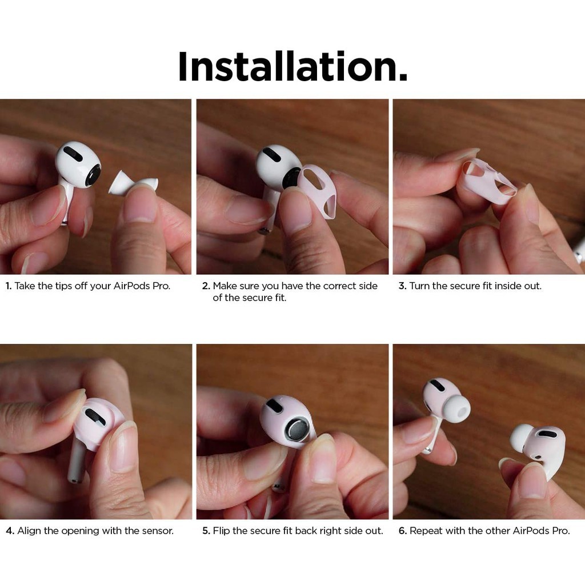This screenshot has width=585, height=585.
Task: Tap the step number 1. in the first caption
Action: pos(9,286)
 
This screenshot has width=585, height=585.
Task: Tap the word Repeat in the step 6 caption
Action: pos(424,531)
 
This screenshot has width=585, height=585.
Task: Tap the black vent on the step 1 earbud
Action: pos(73,154)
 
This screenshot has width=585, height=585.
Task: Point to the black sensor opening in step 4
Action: pos(95,416)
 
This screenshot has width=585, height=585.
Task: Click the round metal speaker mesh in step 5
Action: pos(298,431)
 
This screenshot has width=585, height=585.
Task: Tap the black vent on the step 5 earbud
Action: pos(275,406)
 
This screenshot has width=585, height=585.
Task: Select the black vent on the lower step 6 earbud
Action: pos(547,434)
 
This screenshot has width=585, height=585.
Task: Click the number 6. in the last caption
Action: pos(402,531)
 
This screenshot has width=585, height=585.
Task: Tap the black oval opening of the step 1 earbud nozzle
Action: pos(93,175)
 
